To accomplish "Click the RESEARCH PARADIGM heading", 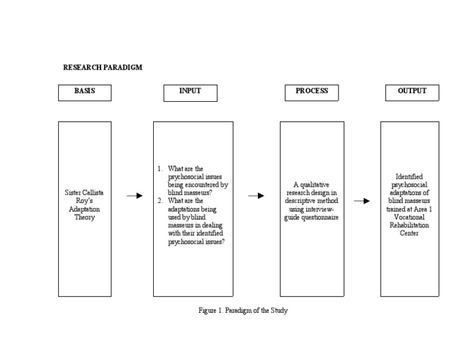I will coord(103,67).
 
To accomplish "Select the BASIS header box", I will coord(85,92).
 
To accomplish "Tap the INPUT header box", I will coord(190,92).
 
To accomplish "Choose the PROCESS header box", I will coord(312,92).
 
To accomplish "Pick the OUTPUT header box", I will coord(412,92).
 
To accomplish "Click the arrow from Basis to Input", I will coord(134,196).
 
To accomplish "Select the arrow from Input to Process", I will coord(256,196).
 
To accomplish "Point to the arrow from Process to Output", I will coord(362,201).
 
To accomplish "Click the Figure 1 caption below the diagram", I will coord(243,310).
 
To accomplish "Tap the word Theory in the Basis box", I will coord(85,218).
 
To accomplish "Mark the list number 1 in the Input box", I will coord(159,169).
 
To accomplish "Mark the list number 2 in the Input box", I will coord(159,201).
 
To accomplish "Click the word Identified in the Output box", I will coord(409,177).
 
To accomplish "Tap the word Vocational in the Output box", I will coord(409,216).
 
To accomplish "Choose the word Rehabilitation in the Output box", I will coord(409,225).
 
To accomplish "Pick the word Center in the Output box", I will coord(409,233).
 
